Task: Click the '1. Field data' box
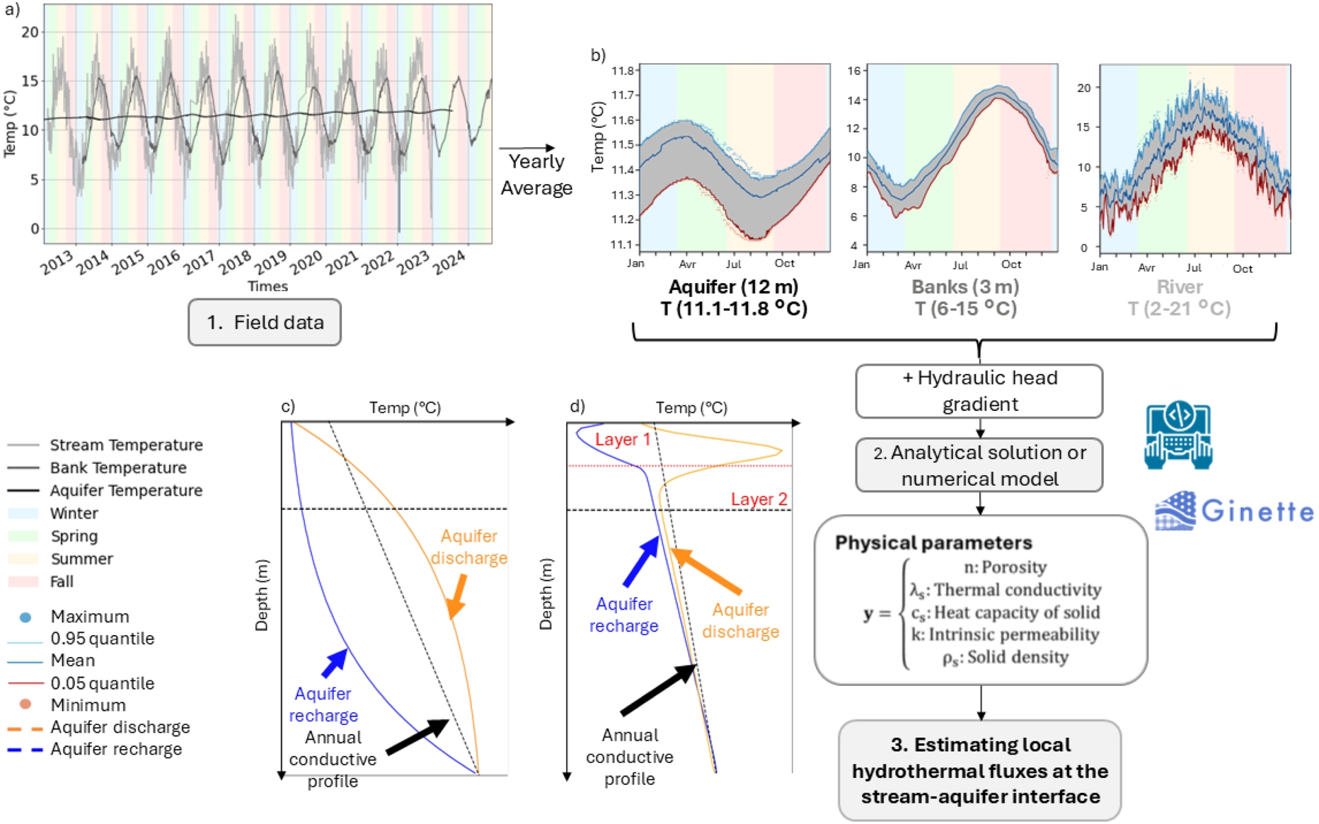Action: click(264, 322)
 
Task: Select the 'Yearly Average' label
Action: click(536, 175)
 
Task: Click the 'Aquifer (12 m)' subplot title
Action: click(733, 287)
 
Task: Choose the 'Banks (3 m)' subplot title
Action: click(965, 287)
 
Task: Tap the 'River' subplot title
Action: click(1180, 287)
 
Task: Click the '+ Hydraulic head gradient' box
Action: click(979, 391)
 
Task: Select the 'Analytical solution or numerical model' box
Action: click(979, 465)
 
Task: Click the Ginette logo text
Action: click(1257, 511)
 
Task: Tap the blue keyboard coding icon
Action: click(1178, 436)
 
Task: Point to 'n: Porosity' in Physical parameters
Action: click(1004, 567)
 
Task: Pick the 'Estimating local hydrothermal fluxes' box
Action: click(980, 770)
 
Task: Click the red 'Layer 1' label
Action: click(622, 440)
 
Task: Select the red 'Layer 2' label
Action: click(758, 500)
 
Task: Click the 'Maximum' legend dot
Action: click(25, 617)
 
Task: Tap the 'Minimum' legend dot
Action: click(25, 704)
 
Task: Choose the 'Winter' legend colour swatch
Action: click(23, 513)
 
